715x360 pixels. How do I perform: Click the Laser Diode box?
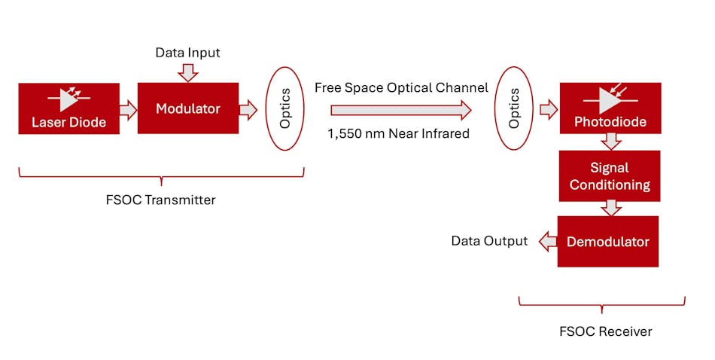click(68, 109)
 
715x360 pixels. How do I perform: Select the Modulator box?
click(187, 108)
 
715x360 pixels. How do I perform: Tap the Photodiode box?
click(610, 108)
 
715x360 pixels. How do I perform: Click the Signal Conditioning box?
click(610, 176)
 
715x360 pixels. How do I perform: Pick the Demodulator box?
click(607, 242)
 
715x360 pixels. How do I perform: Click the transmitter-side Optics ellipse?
click(285, 108)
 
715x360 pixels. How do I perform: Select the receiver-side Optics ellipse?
click(514, 108)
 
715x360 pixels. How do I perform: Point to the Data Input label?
click(187, 53)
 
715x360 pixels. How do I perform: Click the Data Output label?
click(489, 241)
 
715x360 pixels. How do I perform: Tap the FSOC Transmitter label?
click(161, 200)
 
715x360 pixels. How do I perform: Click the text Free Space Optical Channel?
click(401, 88)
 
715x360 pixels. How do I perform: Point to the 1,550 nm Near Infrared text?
click(398, 133)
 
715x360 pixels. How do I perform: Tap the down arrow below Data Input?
click(188, 72)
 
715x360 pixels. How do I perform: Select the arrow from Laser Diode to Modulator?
click(128, 110)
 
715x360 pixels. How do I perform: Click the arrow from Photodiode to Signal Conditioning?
click(611, 142)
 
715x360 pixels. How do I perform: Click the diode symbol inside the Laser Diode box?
click(68, 99)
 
